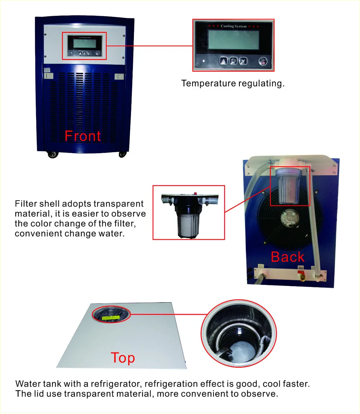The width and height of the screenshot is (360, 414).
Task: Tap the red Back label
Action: (x=287, y=257)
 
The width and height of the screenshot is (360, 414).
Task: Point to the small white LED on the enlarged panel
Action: (x=204, y=60)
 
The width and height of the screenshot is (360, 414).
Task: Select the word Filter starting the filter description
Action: (x=26, y=204)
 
